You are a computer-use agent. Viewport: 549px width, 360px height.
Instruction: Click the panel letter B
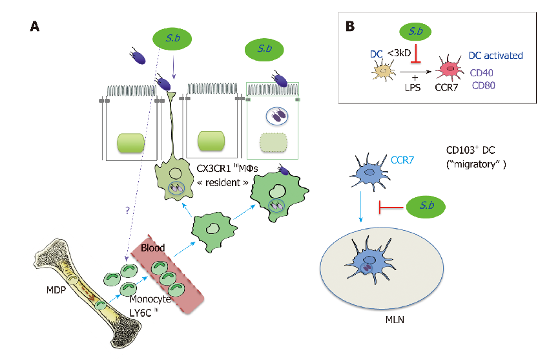tap(349, 26)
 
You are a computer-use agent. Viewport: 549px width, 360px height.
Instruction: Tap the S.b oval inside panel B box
tap(415, 31)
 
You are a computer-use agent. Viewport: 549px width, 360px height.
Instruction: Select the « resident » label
tap(209, 184)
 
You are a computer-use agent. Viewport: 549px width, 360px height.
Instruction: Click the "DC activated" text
tap(495, 56)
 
